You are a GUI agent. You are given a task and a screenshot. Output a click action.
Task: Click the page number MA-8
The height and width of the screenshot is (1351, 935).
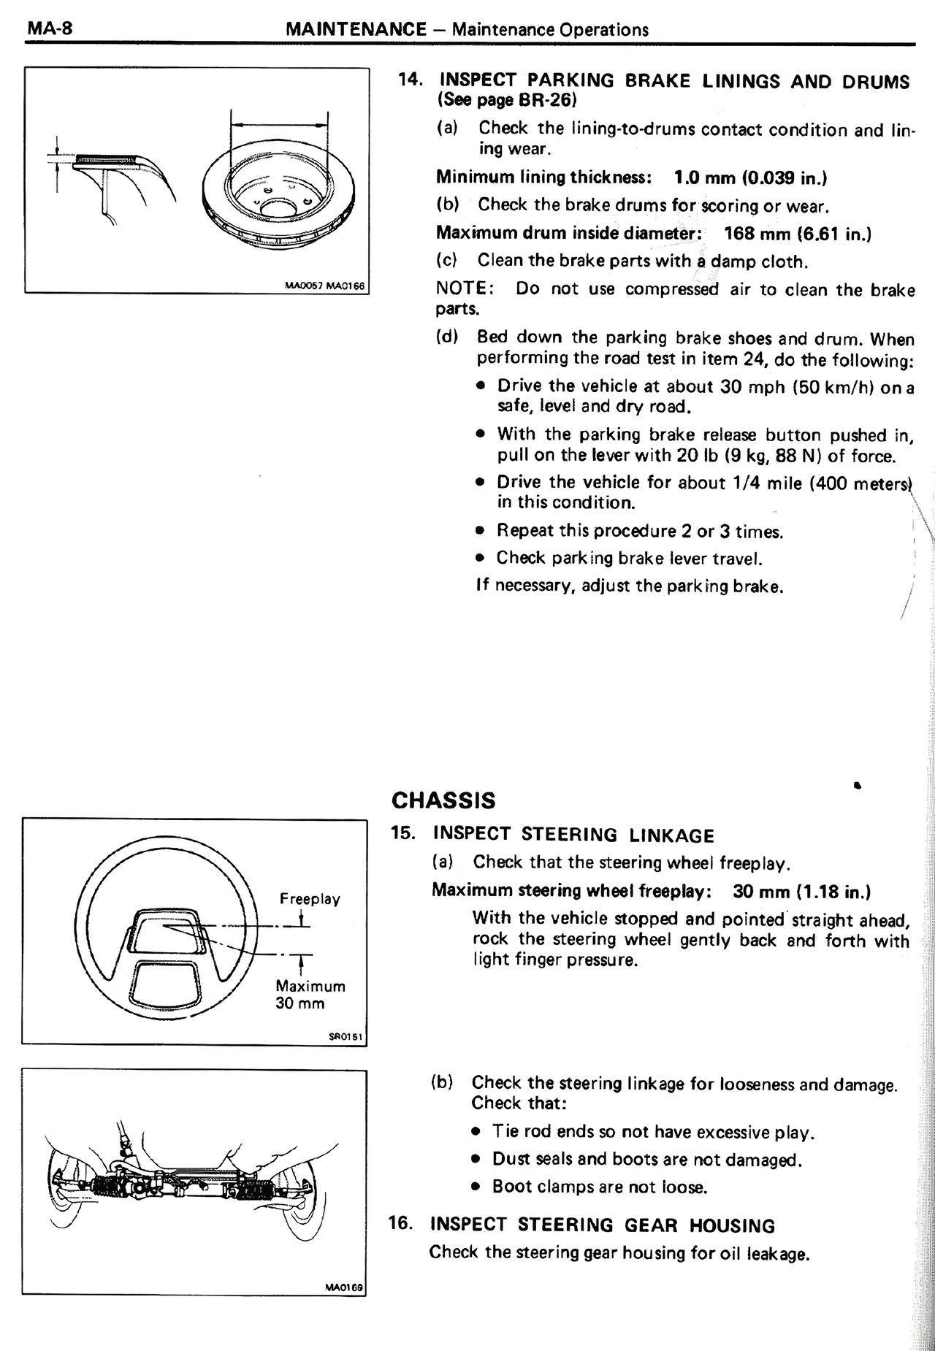coord(45,28)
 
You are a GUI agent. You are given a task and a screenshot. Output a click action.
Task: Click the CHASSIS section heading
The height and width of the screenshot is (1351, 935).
coord(443,800)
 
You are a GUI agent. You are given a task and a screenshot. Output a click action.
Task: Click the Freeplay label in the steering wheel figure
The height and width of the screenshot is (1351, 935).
coord(310,899)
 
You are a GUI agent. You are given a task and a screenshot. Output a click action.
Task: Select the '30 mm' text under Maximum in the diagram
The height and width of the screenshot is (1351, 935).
coord(299,1003)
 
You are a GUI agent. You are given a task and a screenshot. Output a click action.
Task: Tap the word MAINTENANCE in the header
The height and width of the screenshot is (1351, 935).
coord(356,29)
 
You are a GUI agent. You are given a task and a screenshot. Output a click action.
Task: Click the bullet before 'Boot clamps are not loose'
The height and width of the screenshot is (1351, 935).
coord(476,1187)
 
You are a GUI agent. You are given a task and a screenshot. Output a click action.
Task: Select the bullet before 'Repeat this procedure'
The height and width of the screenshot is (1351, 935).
coord(480,531)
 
